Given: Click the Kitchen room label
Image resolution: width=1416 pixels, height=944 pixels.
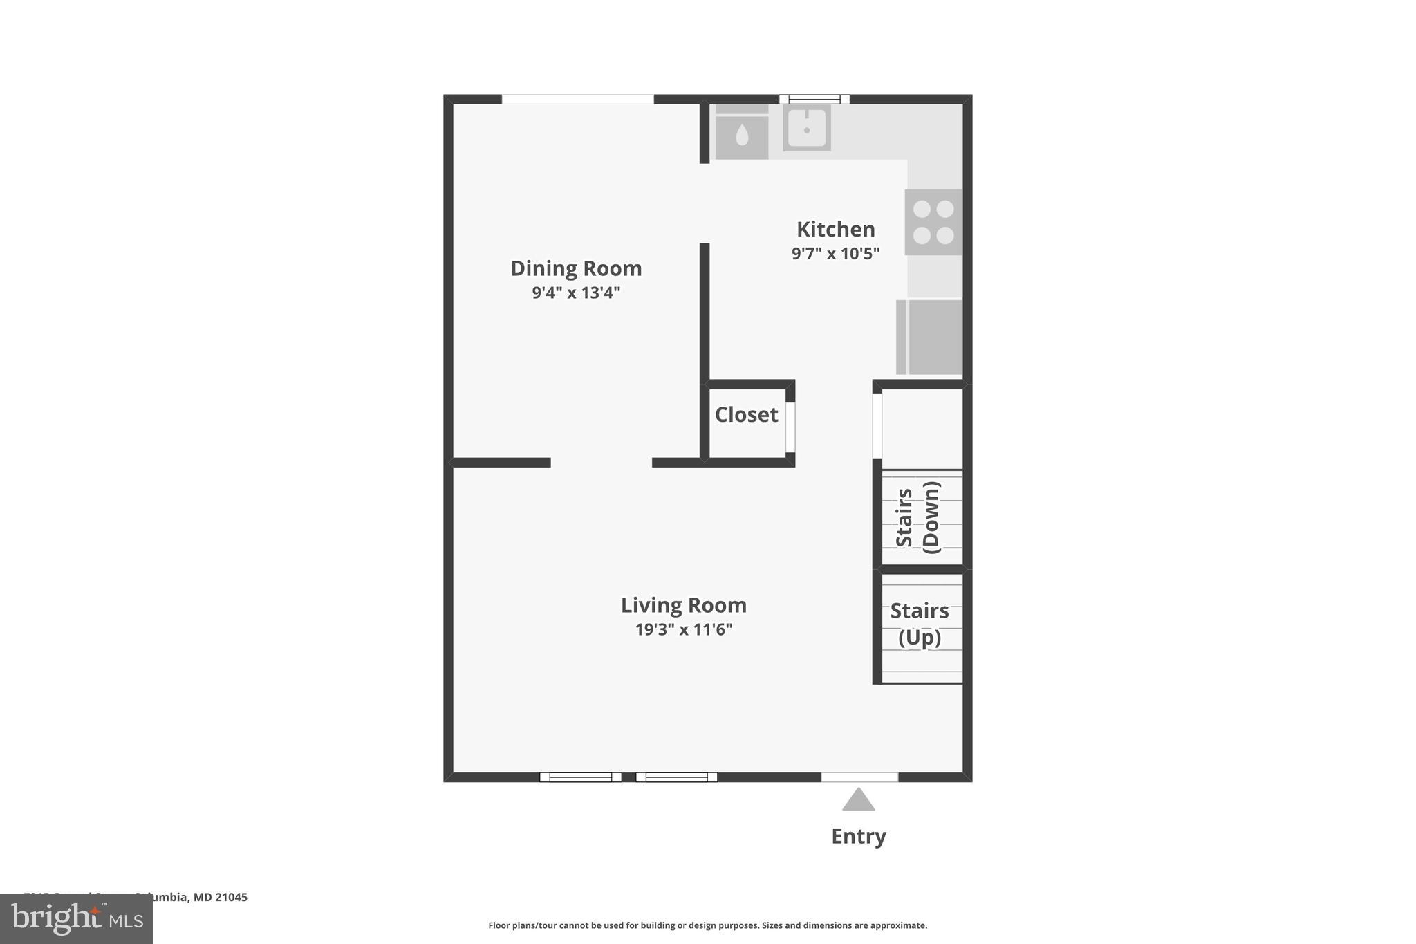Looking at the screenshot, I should pos(835,229).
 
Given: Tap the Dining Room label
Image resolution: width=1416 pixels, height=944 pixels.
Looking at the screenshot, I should pos(576,268).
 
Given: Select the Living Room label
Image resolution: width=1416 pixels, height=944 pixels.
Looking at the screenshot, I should pos(683,605).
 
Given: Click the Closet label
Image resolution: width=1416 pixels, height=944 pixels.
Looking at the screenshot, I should pos(746,415).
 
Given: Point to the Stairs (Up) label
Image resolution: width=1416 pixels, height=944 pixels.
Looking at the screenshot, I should pos(919,624).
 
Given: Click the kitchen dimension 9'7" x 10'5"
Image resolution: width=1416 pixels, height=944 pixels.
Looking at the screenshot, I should pos(835,254).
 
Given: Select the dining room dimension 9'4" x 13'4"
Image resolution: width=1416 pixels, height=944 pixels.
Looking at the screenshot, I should pos(576,293).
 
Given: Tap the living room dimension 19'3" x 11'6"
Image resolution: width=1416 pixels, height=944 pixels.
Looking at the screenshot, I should pos(683,629).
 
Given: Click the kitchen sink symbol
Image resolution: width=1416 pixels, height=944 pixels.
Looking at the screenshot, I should pos(806,129).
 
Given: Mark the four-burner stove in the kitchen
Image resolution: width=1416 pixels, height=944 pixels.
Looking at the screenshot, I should pos(933,222).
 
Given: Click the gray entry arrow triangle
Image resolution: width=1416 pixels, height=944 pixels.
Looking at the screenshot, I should pos(858,800).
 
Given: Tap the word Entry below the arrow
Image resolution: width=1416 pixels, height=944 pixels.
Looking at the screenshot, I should pos(858,837).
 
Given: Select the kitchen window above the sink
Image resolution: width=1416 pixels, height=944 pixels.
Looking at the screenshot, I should pos(814,100).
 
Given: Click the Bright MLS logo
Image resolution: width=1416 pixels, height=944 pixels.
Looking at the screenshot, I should pos(77,918).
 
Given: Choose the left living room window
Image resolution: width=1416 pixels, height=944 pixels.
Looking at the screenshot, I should pos(580,777).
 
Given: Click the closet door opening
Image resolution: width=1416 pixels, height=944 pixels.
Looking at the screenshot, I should pos(790,427).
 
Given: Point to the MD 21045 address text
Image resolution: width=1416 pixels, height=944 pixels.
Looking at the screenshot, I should pos(220,898).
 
